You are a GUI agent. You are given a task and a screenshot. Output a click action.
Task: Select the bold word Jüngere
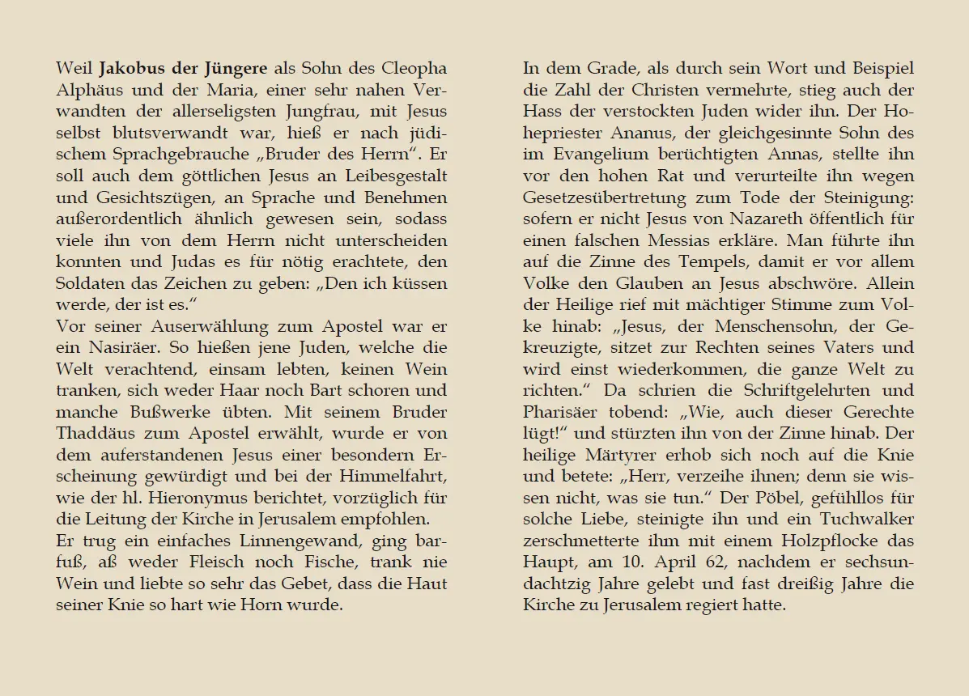236,68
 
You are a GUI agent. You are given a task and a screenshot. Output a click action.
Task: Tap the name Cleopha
416,68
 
